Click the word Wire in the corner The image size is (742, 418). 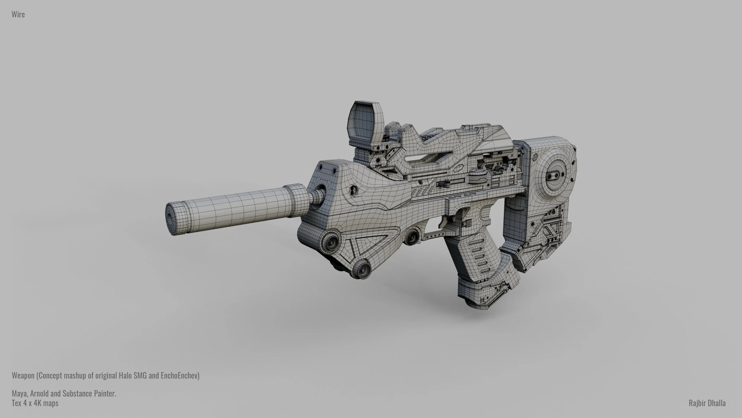tap(18, 14)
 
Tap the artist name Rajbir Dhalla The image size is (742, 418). tap(707, 403)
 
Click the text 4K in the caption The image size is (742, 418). tap(38, 403)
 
